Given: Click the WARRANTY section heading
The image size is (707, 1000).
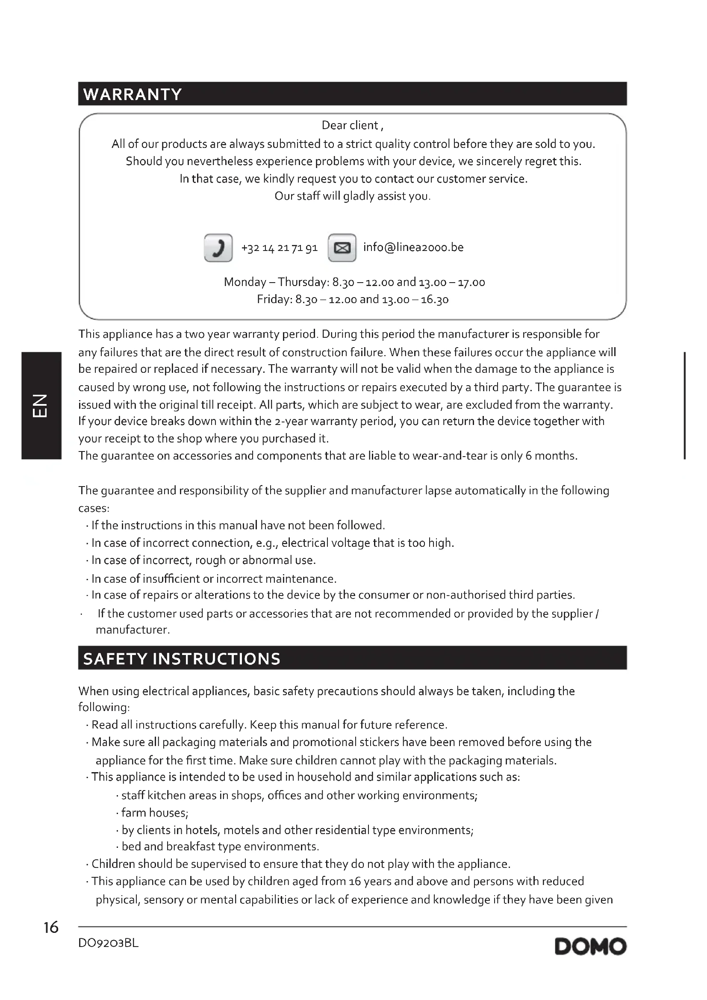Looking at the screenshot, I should pyautogui.click(x=133, y=94).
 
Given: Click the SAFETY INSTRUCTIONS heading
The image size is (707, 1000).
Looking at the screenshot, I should pyautogui.click(x=182, y=658).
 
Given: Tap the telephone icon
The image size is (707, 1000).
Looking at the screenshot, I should pyautogui.click(x=218, y=248).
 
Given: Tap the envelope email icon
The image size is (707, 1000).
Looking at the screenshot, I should pyautogui.click(x=342, y=248).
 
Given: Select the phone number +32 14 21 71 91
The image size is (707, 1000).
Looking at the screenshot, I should pyautogui.click(x=280, y=248).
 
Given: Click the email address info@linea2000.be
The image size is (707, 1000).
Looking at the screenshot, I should pyautogui.click(x=413, y=248).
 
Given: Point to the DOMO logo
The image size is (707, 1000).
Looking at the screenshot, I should pyautogui.click(x=590, y=947).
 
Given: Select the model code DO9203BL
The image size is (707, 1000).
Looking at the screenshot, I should pyautogui.click(x=109, y=944).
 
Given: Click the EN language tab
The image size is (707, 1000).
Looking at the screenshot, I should pyautogui.click(x=41, y=405).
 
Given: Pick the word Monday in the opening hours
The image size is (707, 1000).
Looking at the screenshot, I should pyautogui.click(x=245, y=282).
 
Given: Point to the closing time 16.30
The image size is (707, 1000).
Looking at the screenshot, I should pyautogui.click(x=434, y=300).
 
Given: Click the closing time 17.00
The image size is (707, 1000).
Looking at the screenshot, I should pyautogui.click(x=471, y=282).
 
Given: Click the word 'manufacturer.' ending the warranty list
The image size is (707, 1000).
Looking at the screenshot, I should pyautogui.click(x=133, y=630).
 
